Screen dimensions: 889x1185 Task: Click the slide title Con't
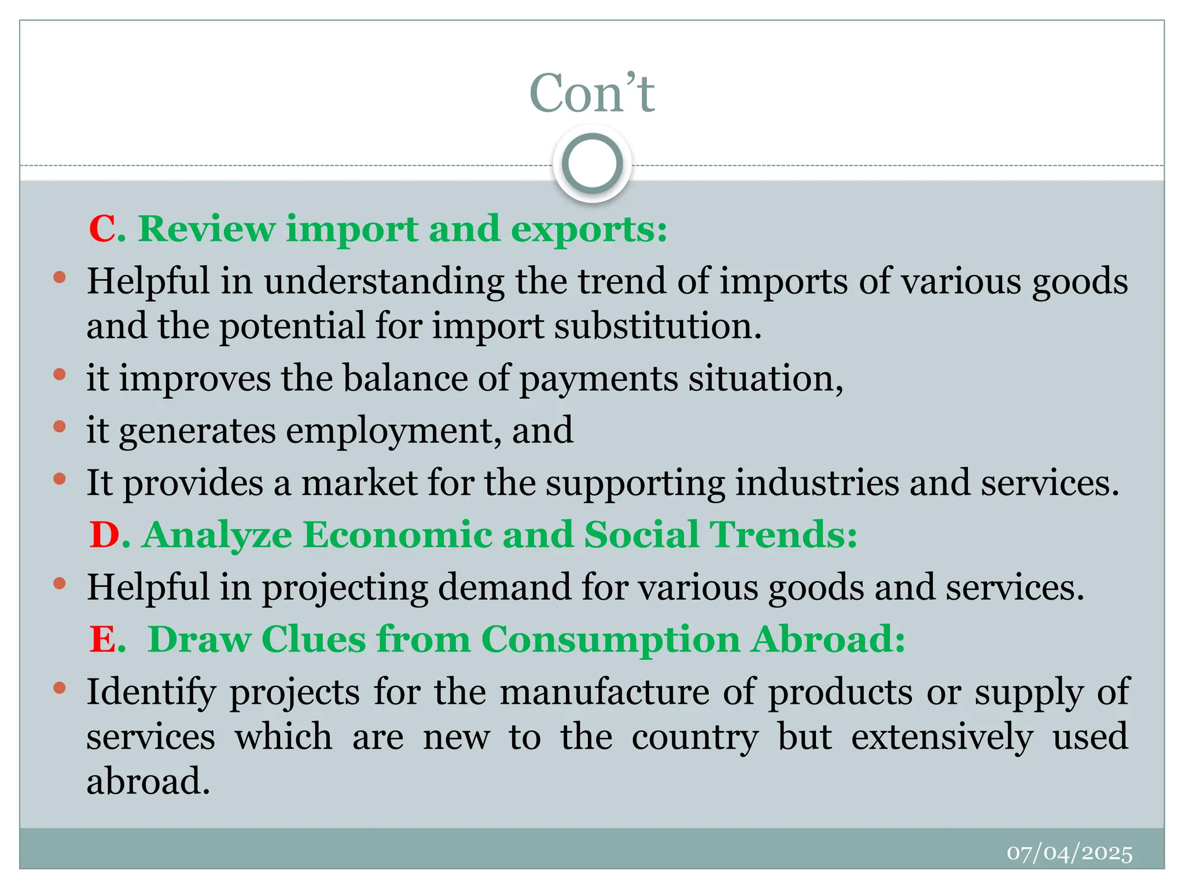click(592, 93)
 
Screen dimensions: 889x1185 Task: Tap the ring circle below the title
click(592, 164)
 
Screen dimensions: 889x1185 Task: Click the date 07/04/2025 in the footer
click(1069, 853)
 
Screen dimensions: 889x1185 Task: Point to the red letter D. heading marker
click(108, 534)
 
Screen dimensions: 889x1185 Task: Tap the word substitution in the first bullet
click(657, 326)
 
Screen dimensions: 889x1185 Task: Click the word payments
click(598, 379)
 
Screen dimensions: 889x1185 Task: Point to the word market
click(359, 482)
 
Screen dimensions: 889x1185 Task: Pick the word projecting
click(345, 588)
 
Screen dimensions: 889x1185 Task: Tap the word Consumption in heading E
click(610, 640)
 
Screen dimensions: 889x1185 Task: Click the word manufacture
click(604, 692)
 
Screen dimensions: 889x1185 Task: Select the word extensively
click(942, 737)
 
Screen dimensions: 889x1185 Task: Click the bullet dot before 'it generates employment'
click(59, 427)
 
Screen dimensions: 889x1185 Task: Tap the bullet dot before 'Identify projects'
click(59, 688)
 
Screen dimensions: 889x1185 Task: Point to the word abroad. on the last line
click(148, 781)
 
